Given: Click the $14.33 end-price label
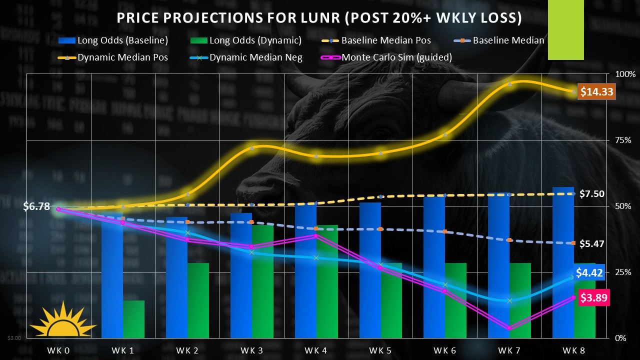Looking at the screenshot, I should point(596,92).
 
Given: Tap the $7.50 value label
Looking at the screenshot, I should point(591,194).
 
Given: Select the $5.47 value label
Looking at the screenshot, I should point(591,244).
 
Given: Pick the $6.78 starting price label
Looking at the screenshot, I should point(36,206).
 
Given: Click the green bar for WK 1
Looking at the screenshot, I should point(133,318).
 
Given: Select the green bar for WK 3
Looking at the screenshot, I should point(262,281).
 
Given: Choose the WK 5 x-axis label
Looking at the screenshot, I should point(381,350).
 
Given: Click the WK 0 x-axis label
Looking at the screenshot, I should point(59,350).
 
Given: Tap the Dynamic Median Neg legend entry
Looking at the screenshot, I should point(249,57).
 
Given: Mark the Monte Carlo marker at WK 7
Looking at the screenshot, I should point(509,328).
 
